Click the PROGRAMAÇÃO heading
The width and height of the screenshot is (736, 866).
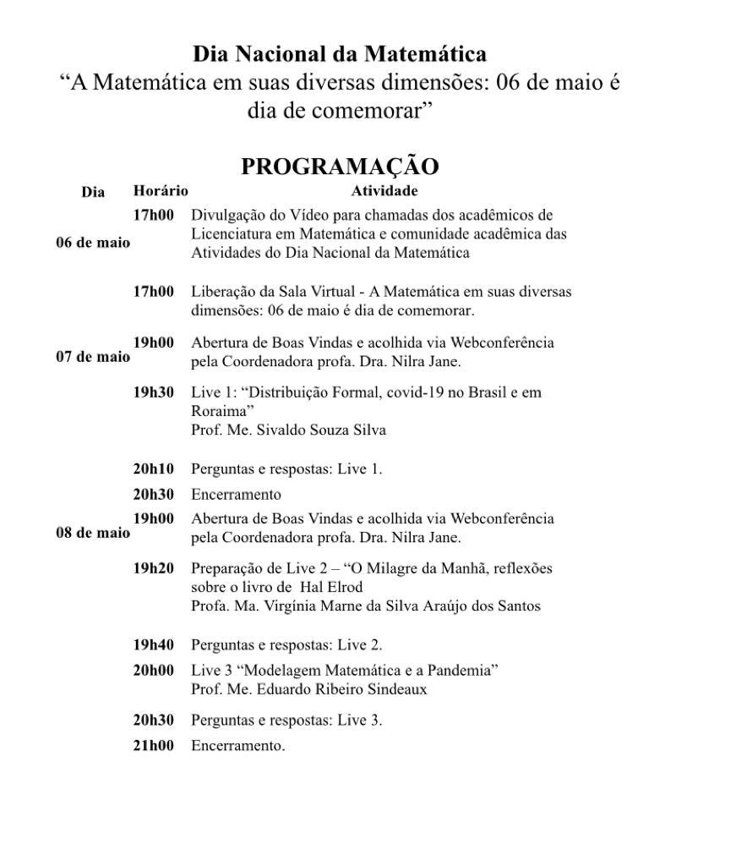coord(340,167)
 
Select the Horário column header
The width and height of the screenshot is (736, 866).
coord(161,191)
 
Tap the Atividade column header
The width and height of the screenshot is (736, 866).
coord(384,191)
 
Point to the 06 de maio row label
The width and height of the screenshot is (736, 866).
coord(93,243)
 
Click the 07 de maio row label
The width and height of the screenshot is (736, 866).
coord(93,357)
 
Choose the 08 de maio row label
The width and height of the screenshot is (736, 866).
coord(93,533)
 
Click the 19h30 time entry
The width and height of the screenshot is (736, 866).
coord(154,392)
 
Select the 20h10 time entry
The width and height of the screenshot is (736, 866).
coord(154,469)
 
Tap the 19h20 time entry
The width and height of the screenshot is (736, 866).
coord(154,568)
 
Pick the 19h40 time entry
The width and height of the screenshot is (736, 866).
coord(154,644)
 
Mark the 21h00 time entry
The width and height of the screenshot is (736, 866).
coord(154,746)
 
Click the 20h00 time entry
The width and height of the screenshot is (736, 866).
coord(154,671)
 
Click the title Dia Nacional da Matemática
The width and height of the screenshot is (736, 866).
coord(340,55)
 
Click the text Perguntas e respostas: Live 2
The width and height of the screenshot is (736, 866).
coord(286,645)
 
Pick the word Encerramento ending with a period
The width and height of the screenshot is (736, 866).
coord(237,746)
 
